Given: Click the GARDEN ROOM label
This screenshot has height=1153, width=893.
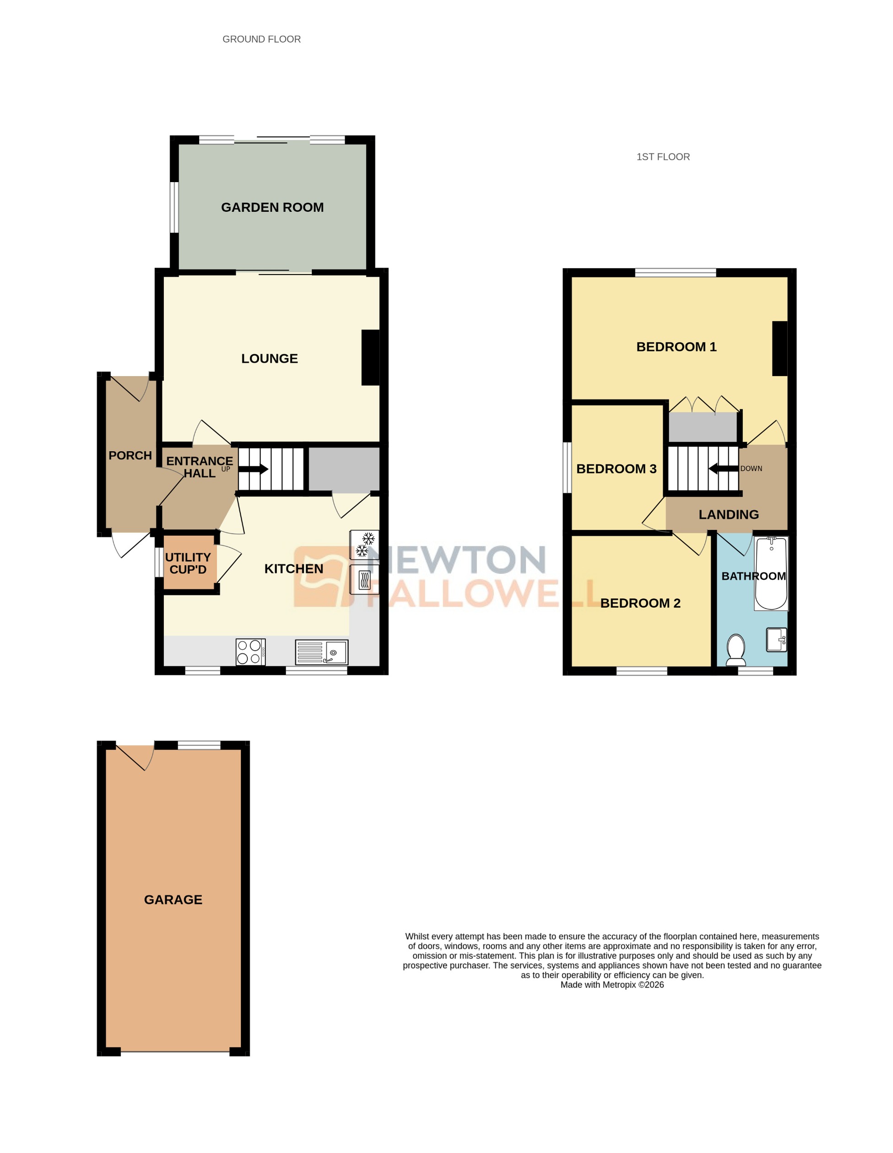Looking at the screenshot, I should [272, 207].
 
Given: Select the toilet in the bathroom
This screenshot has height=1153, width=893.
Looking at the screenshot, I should [736, 649].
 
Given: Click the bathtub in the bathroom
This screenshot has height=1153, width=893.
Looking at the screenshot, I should [770, 573].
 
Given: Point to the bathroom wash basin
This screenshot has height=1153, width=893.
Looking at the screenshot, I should [776, 639].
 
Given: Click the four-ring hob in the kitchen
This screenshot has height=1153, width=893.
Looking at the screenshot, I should [250, 652].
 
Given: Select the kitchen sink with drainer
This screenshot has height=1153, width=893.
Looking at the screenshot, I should [321, 652].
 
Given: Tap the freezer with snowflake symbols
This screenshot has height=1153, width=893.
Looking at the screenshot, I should [364, 544].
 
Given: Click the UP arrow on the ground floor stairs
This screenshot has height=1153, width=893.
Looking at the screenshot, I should [255, 469].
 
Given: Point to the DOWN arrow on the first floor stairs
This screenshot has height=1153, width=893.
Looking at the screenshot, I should [722, 468].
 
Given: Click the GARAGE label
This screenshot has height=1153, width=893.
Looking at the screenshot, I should [173, 900].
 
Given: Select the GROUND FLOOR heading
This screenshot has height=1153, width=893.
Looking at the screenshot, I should [261, 39].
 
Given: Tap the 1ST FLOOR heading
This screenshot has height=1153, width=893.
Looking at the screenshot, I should [663, 157].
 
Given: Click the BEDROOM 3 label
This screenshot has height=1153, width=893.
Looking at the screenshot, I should [616, 469].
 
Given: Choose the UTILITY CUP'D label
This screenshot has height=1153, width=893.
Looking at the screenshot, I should [188, 563].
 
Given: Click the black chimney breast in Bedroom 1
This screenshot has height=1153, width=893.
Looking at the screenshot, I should [779, 349].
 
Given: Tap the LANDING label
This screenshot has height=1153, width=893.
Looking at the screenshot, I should [728, 514].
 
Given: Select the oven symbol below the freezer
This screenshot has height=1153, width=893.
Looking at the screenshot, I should [364, 580].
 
